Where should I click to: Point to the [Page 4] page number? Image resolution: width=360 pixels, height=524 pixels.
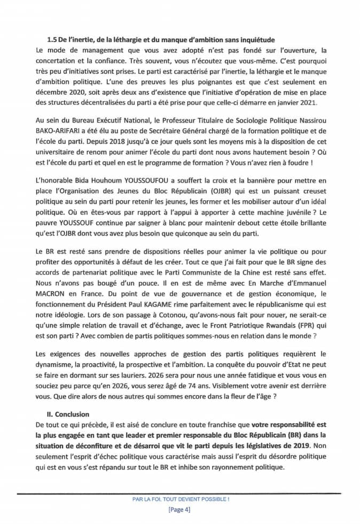pos(179,510)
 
